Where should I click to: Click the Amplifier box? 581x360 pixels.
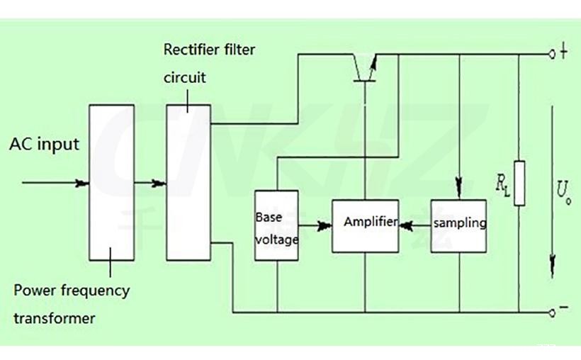pos(365,225)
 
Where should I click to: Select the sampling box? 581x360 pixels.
pos(460,225)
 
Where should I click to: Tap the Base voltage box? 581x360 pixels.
pos(276,225)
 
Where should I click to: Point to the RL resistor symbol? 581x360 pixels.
pos(519,184)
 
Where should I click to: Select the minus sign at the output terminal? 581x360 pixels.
pos(564,310)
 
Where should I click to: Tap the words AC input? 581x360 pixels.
pos(44,145)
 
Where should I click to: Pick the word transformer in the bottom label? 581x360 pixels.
pos(55,318)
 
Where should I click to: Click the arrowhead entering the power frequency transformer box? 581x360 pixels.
pos(83,184)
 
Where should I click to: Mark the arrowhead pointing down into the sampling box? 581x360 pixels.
pos(460,190)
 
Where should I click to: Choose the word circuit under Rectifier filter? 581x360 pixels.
pos(185,77)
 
